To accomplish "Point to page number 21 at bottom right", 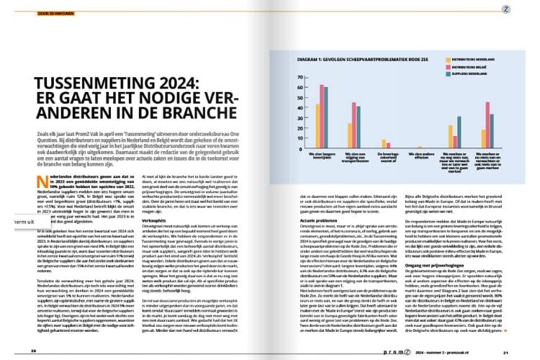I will click(x=506, y=351).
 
